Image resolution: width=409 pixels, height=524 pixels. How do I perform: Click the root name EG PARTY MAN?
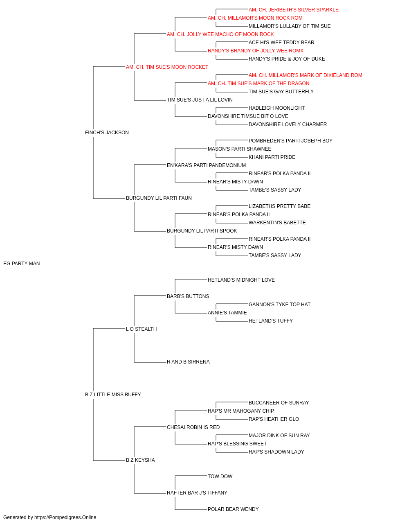click(x=21, y=264)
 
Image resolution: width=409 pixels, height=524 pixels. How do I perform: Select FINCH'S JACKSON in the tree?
click(x=107, y=133)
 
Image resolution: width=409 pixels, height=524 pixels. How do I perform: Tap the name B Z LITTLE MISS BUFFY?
click(x=113, y=395)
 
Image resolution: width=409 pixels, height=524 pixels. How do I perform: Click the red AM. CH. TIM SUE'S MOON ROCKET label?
click(x=167, y=67)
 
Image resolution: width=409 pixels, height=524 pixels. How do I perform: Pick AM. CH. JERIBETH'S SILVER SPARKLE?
click(x=293, y=10)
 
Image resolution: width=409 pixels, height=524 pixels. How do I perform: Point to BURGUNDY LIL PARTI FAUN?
click(x=159, y=198)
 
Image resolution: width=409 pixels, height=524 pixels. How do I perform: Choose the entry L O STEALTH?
click(x=141, y=329)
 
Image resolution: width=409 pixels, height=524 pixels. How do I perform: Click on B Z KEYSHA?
click(x=140, y=460)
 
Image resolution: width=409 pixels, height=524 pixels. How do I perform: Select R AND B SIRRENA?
click(x=188, y=362)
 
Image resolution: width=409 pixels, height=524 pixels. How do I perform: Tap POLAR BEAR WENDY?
click(x=233, y=509)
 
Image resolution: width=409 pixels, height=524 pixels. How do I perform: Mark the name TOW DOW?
click(x=220, y=476)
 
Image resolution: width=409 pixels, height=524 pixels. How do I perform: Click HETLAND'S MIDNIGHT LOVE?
click(x=241, y=280)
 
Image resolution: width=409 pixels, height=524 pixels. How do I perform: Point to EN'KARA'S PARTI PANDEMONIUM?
click(x=206, y=165)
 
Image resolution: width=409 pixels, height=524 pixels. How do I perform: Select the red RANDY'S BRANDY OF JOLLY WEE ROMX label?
click(x=256, y=51)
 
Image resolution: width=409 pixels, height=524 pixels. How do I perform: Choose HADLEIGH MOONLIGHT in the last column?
click(x=276, y=108)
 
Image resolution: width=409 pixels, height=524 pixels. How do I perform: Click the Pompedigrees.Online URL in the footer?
click(x=65, y=517)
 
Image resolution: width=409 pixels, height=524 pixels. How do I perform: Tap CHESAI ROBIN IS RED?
click(x=193, y=427)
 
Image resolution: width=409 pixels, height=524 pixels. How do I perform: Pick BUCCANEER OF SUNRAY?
click(x=279, y=403)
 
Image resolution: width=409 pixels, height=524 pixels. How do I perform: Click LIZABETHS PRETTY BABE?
click(x=279, y=206)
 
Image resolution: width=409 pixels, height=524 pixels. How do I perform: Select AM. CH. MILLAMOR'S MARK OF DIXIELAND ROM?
click(x=305, y=75)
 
